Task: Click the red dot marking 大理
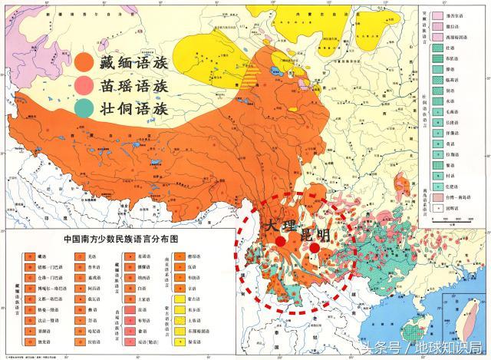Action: [281, 240]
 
